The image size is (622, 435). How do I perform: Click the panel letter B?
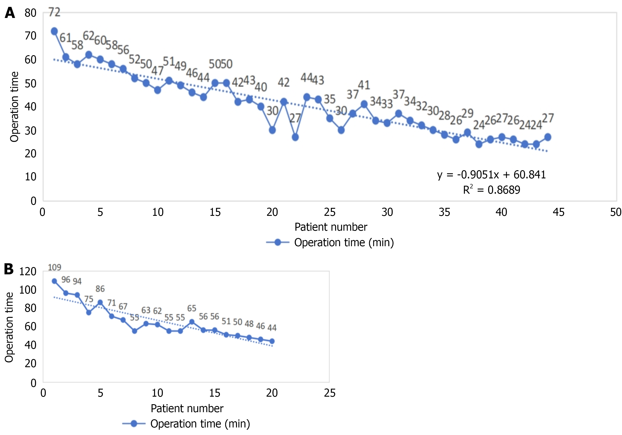coord(9,269)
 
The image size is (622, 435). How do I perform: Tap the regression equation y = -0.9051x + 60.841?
coord(491,175)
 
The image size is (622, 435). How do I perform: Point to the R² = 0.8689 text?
coord(491,190)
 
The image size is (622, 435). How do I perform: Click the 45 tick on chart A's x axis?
coord(558,212)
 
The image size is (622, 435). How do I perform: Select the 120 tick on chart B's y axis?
coord(28,271)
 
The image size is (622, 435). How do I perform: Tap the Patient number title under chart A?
coord(331,227)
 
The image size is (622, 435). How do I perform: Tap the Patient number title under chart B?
coord(187,408)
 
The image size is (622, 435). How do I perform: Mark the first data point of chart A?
coord(54,31)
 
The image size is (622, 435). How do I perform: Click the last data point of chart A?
coord(548,137)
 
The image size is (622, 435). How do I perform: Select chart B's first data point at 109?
coord(54,281)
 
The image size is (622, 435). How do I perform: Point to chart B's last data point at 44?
coord(272,341)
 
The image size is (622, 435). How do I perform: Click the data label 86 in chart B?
coord(100,289)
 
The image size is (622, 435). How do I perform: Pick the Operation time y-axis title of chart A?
coord(14,107)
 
